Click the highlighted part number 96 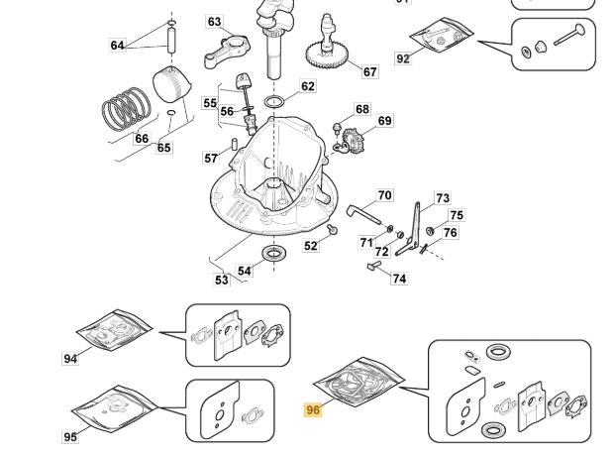[313, 409]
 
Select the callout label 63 [215, 23]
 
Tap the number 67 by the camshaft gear [369, 71]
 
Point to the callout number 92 [402, 59]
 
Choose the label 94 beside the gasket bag [70, 358]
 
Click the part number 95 [70, 436]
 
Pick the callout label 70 [384, 195]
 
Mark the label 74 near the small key [398, 279]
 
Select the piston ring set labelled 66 [126, 108]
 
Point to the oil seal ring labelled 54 [273, 254]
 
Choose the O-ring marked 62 [275, 101]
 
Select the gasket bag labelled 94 [114, 331]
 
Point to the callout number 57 [211, 159]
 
